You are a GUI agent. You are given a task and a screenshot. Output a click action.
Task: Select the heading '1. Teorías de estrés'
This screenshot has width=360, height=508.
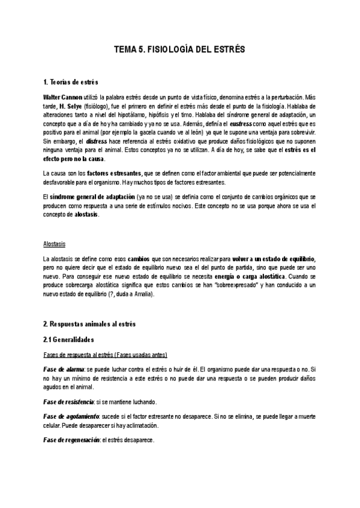point(71,81)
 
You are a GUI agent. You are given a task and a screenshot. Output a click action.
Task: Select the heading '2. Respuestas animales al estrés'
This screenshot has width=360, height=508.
point(89,324)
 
